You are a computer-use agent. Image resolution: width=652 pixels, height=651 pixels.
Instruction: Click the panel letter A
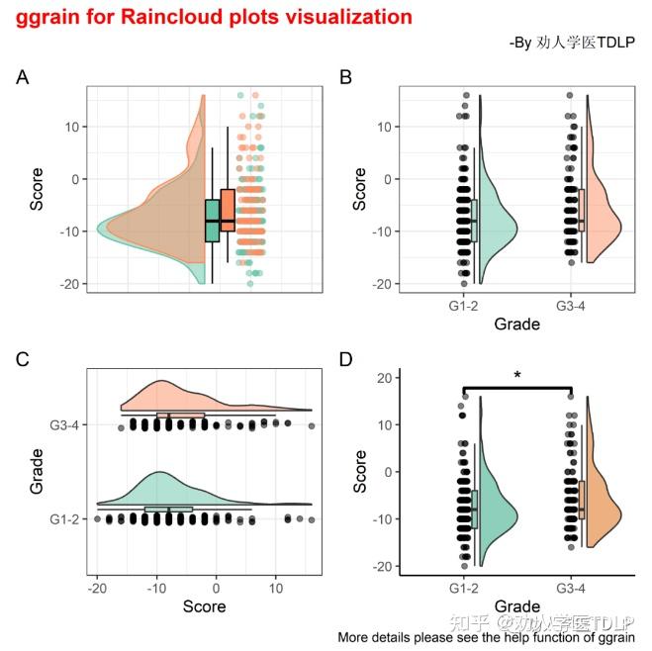coord(22,77)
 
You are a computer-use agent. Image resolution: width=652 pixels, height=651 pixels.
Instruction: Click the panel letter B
coord(345,77)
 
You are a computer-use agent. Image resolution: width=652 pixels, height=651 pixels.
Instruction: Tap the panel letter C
coord(22,359)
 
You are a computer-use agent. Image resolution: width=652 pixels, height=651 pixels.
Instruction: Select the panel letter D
coord(345,359)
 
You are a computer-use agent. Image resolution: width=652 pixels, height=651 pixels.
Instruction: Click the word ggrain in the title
coord(46,17)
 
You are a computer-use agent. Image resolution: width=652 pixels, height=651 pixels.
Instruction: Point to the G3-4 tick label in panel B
coord(571,306)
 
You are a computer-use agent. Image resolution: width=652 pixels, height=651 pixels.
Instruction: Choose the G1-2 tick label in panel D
coord(464,589)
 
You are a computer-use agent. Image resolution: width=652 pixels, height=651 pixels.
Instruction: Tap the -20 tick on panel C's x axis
coord(97,589)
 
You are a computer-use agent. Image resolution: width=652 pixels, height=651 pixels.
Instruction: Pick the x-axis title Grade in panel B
coord(516,325)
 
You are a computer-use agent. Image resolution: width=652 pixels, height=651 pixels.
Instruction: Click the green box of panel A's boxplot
coord(212,220)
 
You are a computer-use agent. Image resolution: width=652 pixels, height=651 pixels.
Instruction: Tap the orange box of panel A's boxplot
coord(228,210)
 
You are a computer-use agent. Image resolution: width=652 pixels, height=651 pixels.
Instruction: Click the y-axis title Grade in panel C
coord(38,470)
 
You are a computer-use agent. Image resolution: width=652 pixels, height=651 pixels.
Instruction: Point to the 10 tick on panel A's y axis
coord(71,127)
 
